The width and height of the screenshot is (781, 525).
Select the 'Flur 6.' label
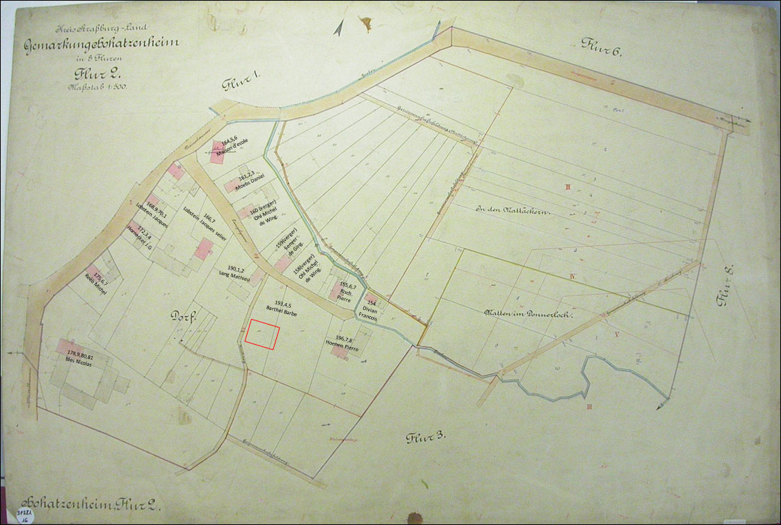[x=600, y=45]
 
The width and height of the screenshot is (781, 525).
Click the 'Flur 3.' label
[x=426, y=438]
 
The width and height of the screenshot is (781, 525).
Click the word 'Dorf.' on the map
[x=185, y=316]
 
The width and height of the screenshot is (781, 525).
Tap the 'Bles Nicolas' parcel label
[x=80, y=360]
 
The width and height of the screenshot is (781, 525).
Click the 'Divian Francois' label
[x=367, y=312]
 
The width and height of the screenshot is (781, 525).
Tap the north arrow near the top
[x=338, y=28]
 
